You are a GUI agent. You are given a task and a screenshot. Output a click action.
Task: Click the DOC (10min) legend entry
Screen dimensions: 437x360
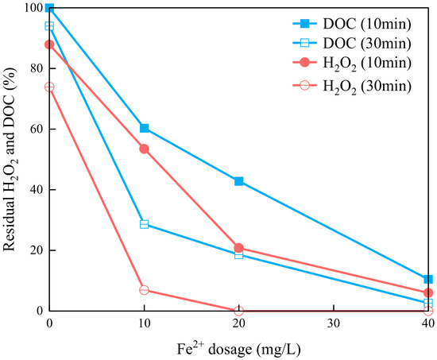[x=352, y=24]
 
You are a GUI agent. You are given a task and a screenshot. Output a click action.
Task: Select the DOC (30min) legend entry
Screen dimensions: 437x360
[x=352, y=43]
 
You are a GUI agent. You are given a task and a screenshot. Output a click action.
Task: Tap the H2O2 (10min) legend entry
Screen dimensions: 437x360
[x=352, y=63]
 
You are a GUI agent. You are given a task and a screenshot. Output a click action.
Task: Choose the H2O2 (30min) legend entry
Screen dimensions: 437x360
[x=352, y=86]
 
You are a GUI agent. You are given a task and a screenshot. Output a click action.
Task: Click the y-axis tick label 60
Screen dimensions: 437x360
[x=37, y=129]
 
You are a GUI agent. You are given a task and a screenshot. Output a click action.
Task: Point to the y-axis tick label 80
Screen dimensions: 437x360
[x=37, y=68]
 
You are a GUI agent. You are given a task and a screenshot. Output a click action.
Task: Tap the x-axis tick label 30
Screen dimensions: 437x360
[x=334, y=323]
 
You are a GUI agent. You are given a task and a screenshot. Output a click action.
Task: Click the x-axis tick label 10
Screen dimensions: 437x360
[x=144, y=323]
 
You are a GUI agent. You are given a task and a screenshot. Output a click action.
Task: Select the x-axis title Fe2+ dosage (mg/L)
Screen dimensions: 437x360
[x=239, y=349]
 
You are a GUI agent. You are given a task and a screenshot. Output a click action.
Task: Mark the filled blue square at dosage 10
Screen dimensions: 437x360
[x=144, y=128]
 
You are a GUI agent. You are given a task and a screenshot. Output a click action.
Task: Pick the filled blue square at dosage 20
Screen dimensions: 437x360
[x=239, y=181]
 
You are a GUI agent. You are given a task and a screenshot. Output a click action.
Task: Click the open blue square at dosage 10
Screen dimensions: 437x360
[x=144, y=224]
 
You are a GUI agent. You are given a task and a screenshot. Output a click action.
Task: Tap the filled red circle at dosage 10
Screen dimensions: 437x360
[x=144, y=149]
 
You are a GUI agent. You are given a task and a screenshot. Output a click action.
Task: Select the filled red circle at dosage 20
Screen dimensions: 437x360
[x=239, y=248]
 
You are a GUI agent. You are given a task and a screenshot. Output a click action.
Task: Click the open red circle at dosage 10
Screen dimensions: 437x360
[x=144, y=290]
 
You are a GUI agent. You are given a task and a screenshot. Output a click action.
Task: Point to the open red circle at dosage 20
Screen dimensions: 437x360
[x=239, y=311]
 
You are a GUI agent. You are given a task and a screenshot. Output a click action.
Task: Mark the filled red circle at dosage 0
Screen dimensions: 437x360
[x=49, y=45]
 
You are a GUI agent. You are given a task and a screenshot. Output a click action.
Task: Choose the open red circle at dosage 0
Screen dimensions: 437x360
[x=49, y=87]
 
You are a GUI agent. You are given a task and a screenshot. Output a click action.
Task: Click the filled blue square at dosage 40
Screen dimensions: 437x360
[x=428, y=279]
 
